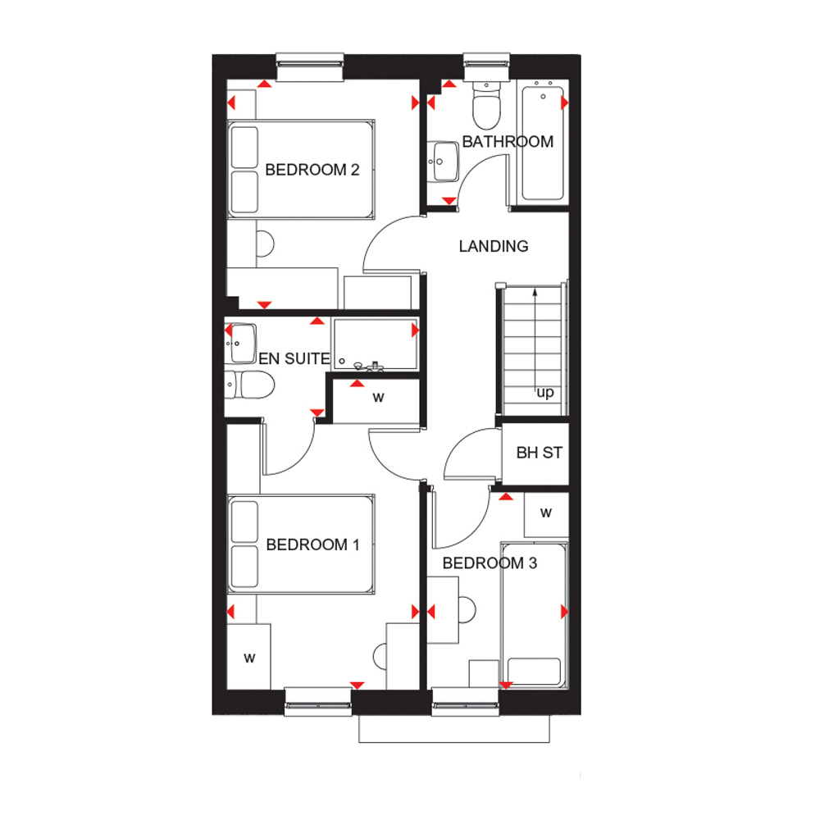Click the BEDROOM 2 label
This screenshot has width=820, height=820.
click(x=312, y=170)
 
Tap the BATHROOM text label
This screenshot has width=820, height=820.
click(x=508, y=142)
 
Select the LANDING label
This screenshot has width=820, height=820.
click(x=493, y=246)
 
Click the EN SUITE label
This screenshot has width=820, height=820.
click(x=294, y=359)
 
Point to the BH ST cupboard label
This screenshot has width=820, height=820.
click(x=540, y=453)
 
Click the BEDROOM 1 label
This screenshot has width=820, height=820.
click(x=312, y=545)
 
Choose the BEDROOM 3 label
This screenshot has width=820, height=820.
click(x=490, y=563)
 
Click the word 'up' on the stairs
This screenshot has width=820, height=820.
click(x=545, y=392)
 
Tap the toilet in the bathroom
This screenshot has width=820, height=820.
click(x=487, y=105)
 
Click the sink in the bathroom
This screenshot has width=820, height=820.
click(x=443, y=161)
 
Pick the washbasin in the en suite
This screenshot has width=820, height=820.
click(x=241, y=343)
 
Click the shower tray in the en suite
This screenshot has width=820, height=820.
click(x=375, y=344)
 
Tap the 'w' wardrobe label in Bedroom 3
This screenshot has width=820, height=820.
click(x=546, y=512)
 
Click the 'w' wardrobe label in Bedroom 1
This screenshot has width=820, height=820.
click(x=249, y=658)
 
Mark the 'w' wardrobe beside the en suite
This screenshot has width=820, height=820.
click(x=378, y=398)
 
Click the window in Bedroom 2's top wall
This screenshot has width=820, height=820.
click(x=310, y=67)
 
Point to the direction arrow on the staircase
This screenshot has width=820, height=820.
click(x=535, y=340)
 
